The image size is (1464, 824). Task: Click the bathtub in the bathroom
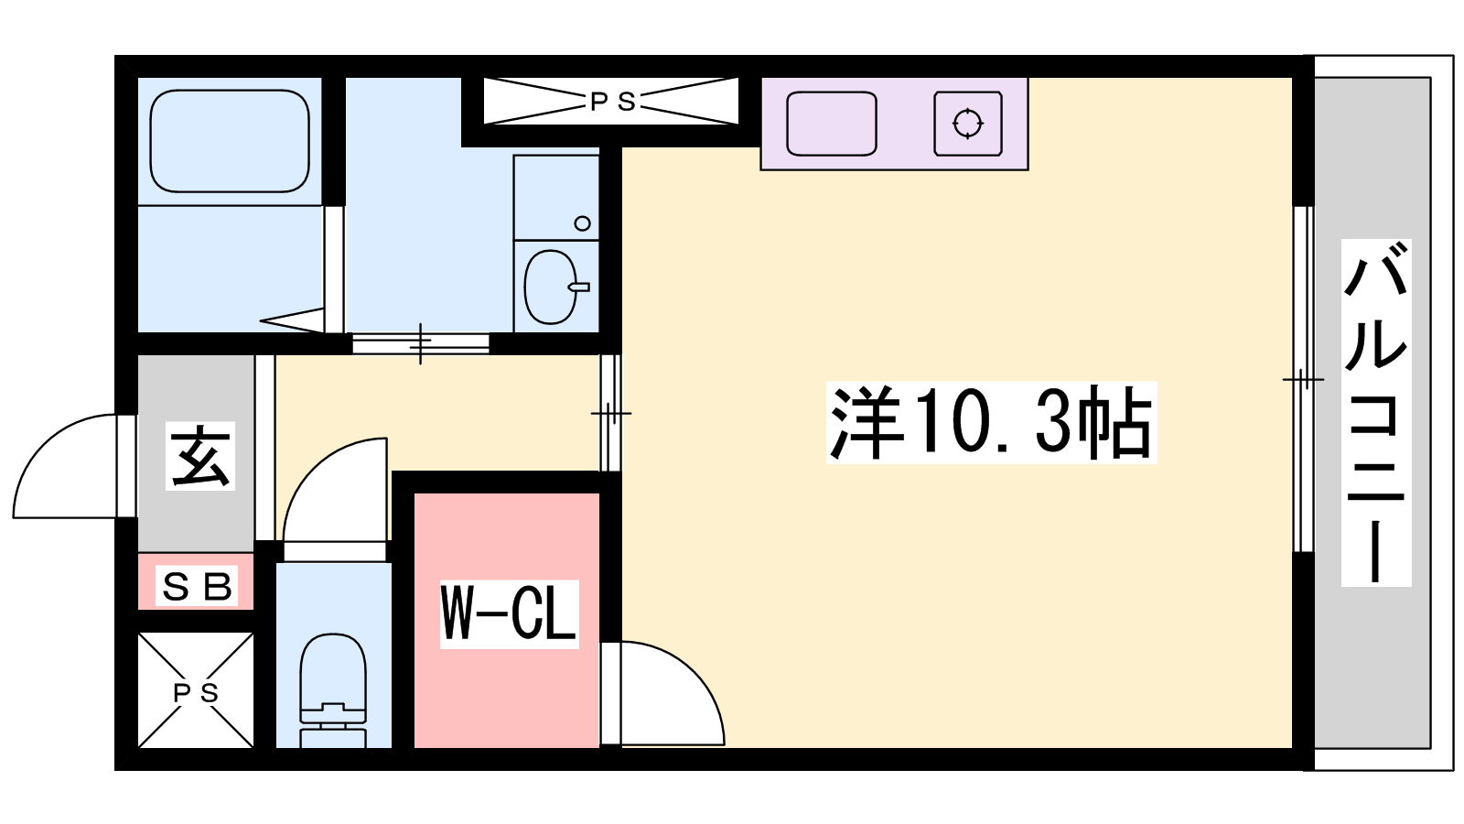(230, 141)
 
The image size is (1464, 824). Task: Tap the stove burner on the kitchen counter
(967, 124)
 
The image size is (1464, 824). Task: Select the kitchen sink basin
(832, 124)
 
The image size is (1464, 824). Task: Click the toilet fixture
(333, 690)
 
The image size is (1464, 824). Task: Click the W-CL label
(509, 614)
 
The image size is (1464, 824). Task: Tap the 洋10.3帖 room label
(991, 422)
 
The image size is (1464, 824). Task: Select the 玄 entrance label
(200, 456)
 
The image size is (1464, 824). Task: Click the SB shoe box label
(196, 587)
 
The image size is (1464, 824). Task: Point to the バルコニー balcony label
(1376, 412)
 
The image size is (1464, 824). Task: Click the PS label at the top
(612, 102)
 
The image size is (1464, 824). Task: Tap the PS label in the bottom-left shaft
(196, 692)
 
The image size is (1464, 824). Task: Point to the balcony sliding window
(1303, 379)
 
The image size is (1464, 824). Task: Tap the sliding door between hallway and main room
(610, 413)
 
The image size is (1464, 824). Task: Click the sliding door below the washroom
(420, 342)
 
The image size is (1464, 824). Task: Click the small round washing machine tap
(582, 223)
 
